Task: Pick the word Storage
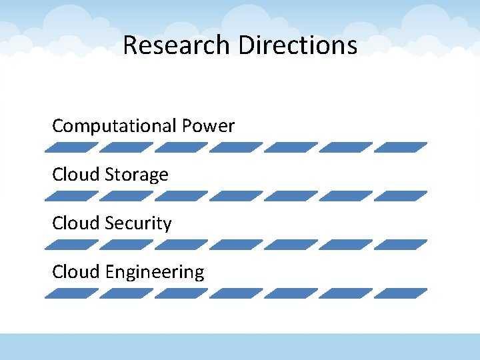click(x=137, y=175)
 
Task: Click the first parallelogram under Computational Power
click(x=71, y=147)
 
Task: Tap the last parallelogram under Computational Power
click(x=401, y=147)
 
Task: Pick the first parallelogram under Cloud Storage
click(x=71, y=196)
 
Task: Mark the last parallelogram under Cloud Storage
click(x=401, y=196)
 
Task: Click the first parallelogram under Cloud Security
click(x=71, y=245)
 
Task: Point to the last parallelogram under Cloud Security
click(x=401, y=245)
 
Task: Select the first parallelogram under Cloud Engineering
click(x=71, y=293)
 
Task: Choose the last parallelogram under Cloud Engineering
click(x=401, y=293)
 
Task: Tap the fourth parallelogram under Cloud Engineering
click(x=236, y=293)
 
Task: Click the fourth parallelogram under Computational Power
click(x=236, y=147)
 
